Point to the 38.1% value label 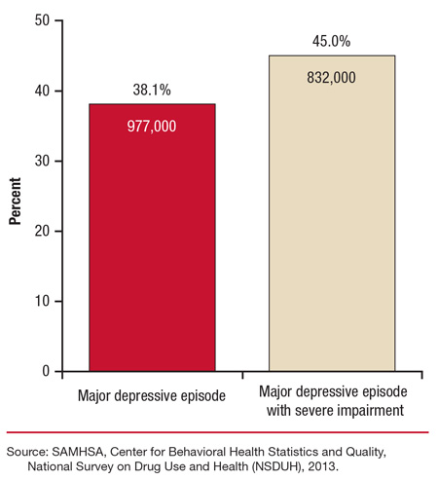coord(152,90)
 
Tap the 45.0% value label coord(331,41)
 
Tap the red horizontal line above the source coord(219,433)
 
